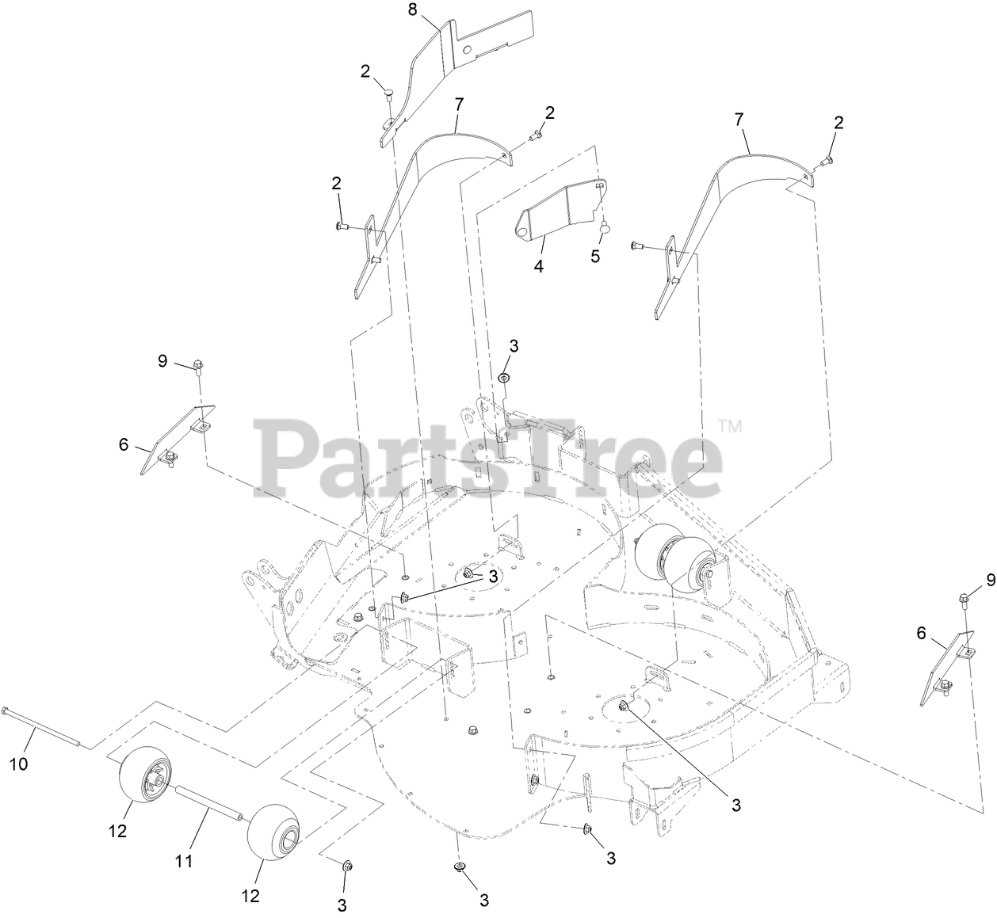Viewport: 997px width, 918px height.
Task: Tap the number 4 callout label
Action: (x=539, y=266)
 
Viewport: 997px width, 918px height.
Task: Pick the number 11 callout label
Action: (x=184, y=859)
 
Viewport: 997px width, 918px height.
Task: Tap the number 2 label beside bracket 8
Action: (x=365, y=71)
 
